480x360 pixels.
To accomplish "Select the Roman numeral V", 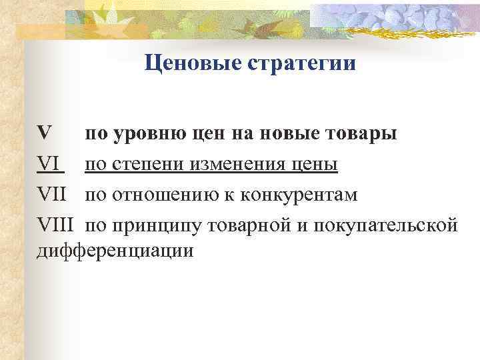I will coord(44,133).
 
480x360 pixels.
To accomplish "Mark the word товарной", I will coord(247,225).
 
